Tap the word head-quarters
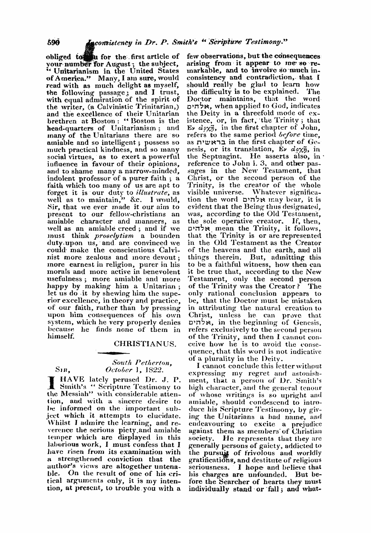pyautogui.click(x=70, y=128)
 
